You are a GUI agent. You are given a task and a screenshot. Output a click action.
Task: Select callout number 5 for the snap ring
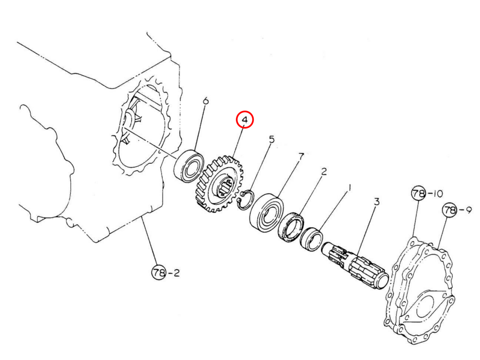(x=272, y=140)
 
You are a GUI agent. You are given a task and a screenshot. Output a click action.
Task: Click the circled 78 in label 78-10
(x=418, y=194)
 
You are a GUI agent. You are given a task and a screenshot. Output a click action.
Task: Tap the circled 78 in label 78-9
(x=449, y=210)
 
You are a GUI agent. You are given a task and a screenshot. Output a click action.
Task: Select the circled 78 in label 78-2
(x=158, y=273)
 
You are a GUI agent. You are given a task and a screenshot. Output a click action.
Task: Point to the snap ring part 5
(x=245, y=199)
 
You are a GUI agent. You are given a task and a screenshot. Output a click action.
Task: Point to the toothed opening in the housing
(x=140, y=128)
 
